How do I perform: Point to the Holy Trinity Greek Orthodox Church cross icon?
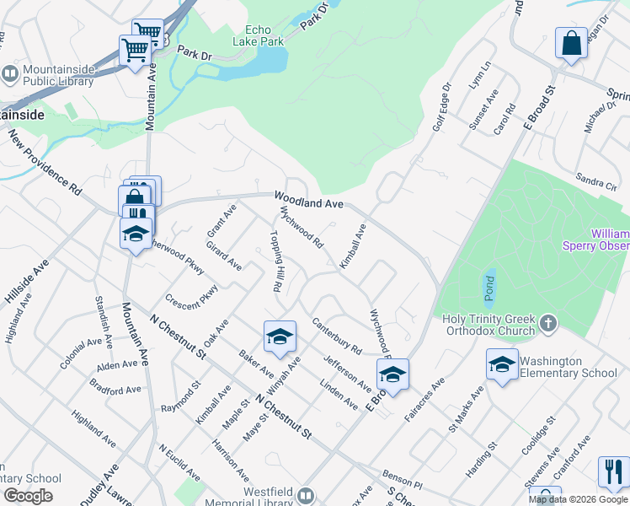(x=547, y=323)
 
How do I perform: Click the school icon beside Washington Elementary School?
(x=502, y=365)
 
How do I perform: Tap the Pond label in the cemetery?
(x=489, y=288)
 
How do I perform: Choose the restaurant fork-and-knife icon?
(x=613, y=471)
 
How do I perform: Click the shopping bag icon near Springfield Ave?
(x=571, y=43)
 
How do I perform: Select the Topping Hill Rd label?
(x=275, y=261)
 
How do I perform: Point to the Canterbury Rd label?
(x=336, y=335)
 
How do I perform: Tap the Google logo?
(x=27, y=496)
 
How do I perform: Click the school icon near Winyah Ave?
(x=280, y=337)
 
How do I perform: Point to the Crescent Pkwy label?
(x=192, y=296)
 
